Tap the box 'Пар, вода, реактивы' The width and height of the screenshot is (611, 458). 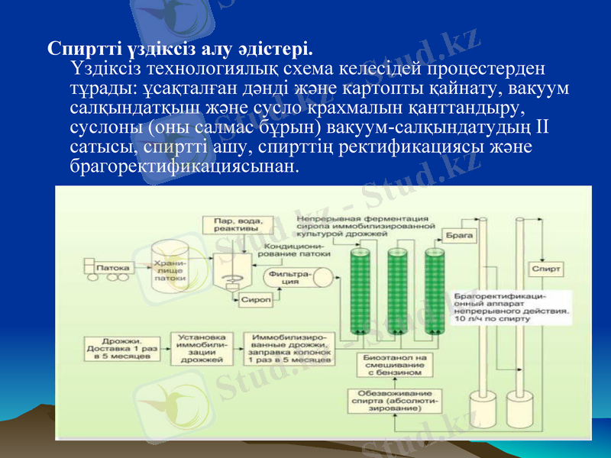230,224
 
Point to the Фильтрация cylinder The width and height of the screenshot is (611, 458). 290,276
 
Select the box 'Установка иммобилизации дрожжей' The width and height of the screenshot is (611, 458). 202,348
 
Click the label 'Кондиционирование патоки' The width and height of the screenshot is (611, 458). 294,250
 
